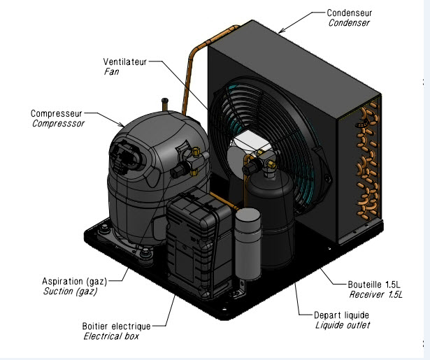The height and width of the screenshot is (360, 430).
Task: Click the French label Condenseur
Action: coord(350,13)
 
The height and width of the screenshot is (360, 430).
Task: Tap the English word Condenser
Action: coord(349,23)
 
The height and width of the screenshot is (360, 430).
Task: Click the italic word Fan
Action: coord(110,71)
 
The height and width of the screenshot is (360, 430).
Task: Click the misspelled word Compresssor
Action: coord(58,123)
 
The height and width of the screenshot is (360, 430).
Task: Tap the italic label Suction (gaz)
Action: coord(69,291)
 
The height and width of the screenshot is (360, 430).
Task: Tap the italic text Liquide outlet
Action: coord(343,325)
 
